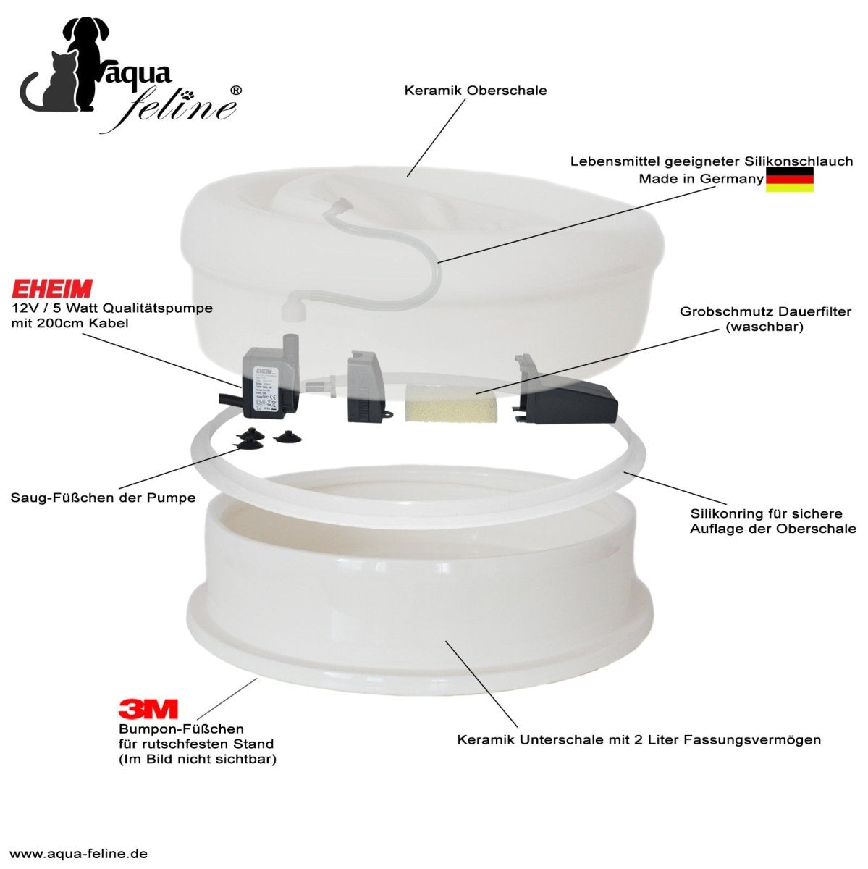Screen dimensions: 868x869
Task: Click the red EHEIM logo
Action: [52, 289]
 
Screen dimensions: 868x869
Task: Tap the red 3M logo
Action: [148, 710]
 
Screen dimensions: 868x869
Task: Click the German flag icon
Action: [790, 180]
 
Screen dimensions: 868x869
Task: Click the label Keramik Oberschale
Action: [475, 91]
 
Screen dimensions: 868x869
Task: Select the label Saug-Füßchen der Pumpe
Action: [104, 498]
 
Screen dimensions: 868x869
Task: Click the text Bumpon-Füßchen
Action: [181, 729]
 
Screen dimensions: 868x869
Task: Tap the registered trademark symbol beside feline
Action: [236, 91]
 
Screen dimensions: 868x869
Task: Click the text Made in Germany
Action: [701, 179]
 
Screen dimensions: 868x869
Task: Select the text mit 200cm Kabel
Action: [70, 323]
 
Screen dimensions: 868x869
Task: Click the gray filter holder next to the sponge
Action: [366, 389]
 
